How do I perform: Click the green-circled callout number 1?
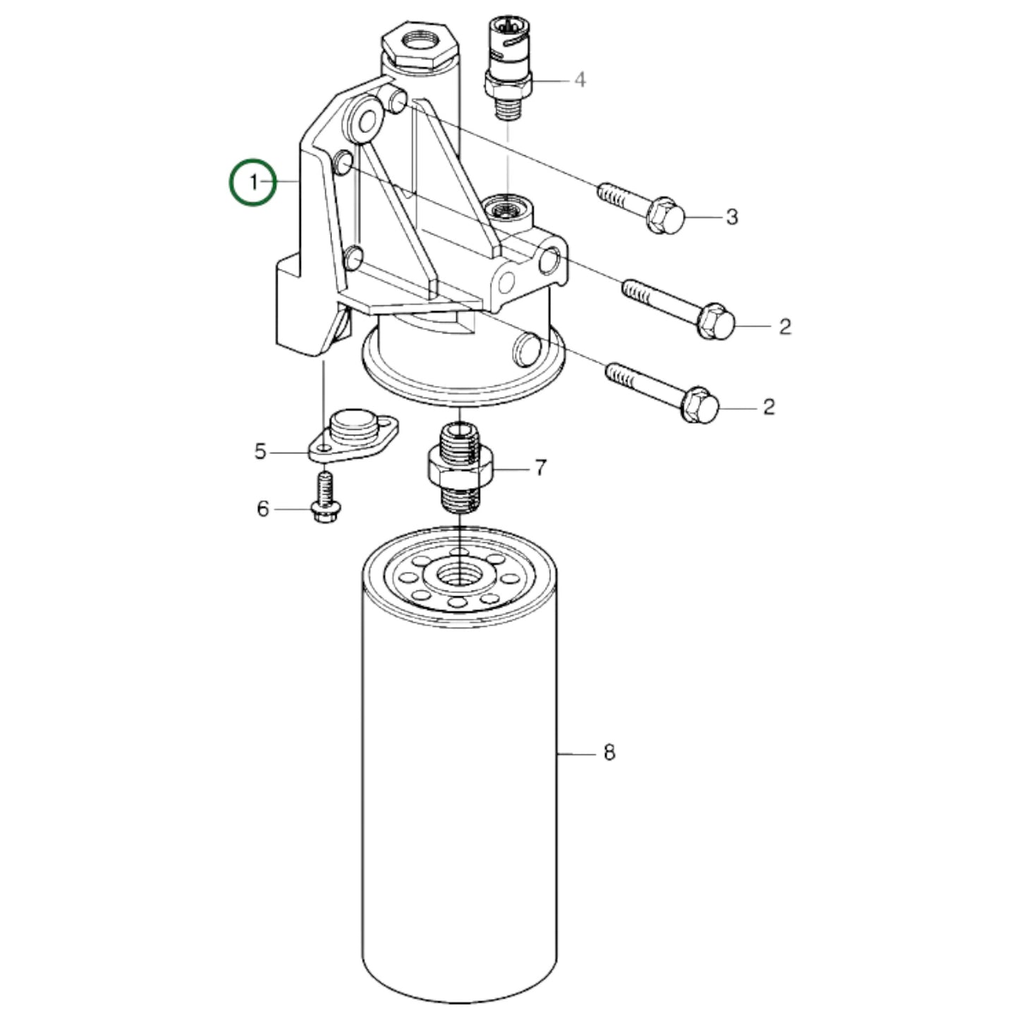(252, 183)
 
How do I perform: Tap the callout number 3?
(732, 217)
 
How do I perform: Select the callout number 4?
(579, 80)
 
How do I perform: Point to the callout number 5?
(261, 451)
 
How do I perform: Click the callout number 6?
(262, 508)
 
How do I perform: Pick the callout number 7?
(540, 468)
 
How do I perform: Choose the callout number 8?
(609, 752)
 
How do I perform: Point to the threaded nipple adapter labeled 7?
(460, 468)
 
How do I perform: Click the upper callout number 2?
(785, 327)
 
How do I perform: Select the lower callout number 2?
(769, 407)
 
